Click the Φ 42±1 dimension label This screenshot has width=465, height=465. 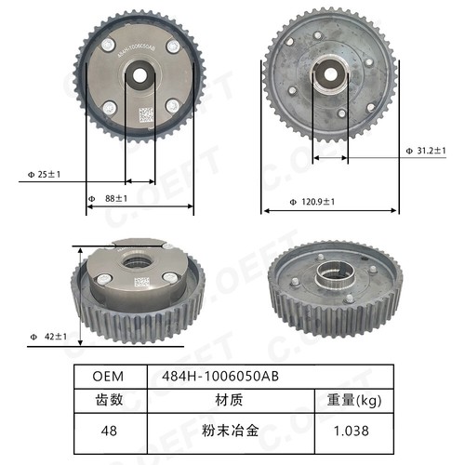pos(46,334)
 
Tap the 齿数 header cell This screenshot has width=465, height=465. pos(110,401)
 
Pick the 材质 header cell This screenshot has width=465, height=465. pos(230,401)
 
